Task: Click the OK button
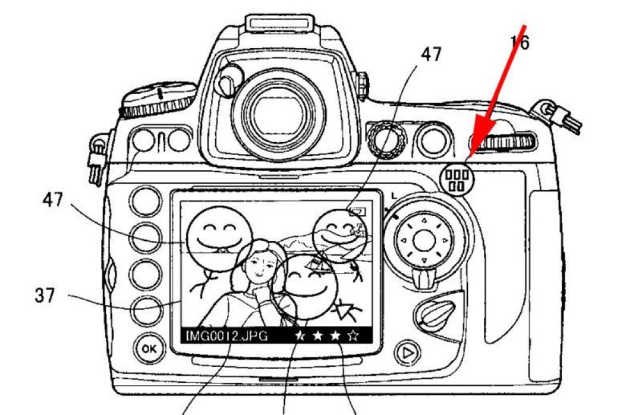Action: [148, 348]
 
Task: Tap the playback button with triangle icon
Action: [407, 353]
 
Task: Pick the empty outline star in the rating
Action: [353, 337]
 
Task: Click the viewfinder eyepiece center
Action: [278, 115]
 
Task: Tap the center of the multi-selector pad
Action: [424, 240]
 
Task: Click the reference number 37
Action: [45, 295]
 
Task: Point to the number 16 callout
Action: [520, 42]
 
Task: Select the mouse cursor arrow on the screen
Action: [346, 310]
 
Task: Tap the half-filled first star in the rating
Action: [300, 337]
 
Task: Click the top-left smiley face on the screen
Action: [219, 238]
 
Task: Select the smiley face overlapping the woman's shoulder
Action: [309, 286]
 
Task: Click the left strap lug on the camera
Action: [97, 160]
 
